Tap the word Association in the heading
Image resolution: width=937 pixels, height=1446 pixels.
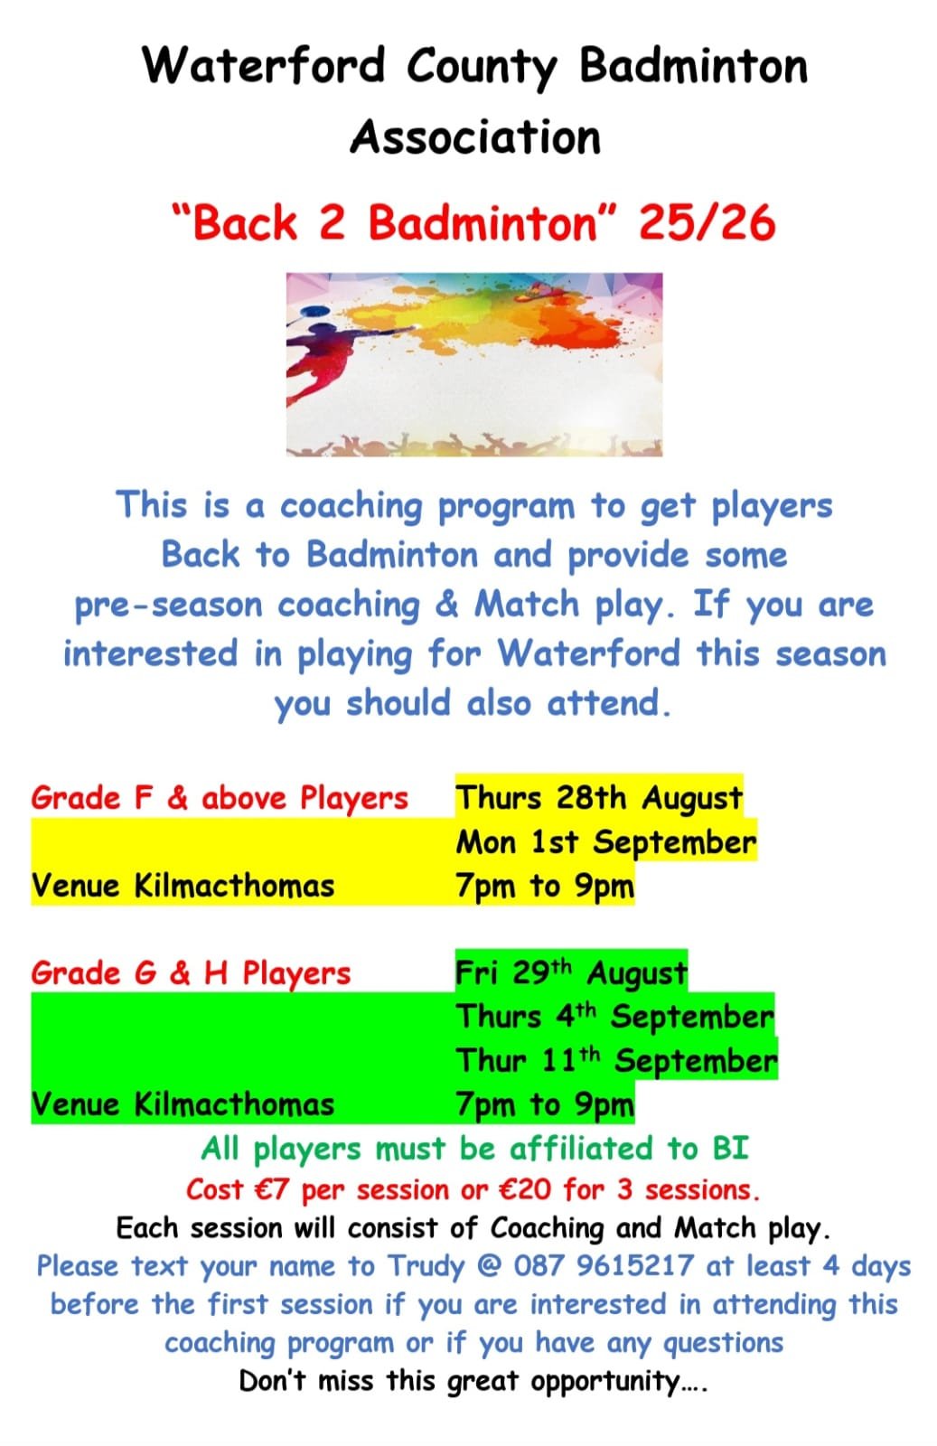(x=475, y=136)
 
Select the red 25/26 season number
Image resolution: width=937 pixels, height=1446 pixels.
(x=707, y=223)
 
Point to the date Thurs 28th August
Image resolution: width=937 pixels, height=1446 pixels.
(x=599, y=798)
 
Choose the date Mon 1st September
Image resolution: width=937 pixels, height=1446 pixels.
(x=606, y=841)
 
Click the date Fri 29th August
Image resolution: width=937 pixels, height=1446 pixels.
(x=572, y=972)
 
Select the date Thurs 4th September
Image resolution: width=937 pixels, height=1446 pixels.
(x=615, y=1017)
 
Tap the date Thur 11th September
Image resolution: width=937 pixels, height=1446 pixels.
(x=617, y=1061)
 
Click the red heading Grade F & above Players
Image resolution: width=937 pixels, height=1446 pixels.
(x=220, y=798)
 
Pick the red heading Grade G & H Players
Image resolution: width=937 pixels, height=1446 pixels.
(x=191, y=972)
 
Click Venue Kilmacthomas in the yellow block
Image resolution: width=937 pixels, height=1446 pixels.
(x=183, y=885)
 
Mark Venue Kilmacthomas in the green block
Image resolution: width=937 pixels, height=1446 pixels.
(x=183, y=1104)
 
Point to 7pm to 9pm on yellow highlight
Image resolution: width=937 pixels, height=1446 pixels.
(x=545, y=886)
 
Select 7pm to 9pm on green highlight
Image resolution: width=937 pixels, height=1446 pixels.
(x=545, y=1105)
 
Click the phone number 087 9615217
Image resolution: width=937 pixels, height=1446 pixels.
(x=604, y=1266)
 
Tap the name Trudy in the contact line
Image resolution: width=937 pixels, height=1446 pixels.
(x=426, y=1267)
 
